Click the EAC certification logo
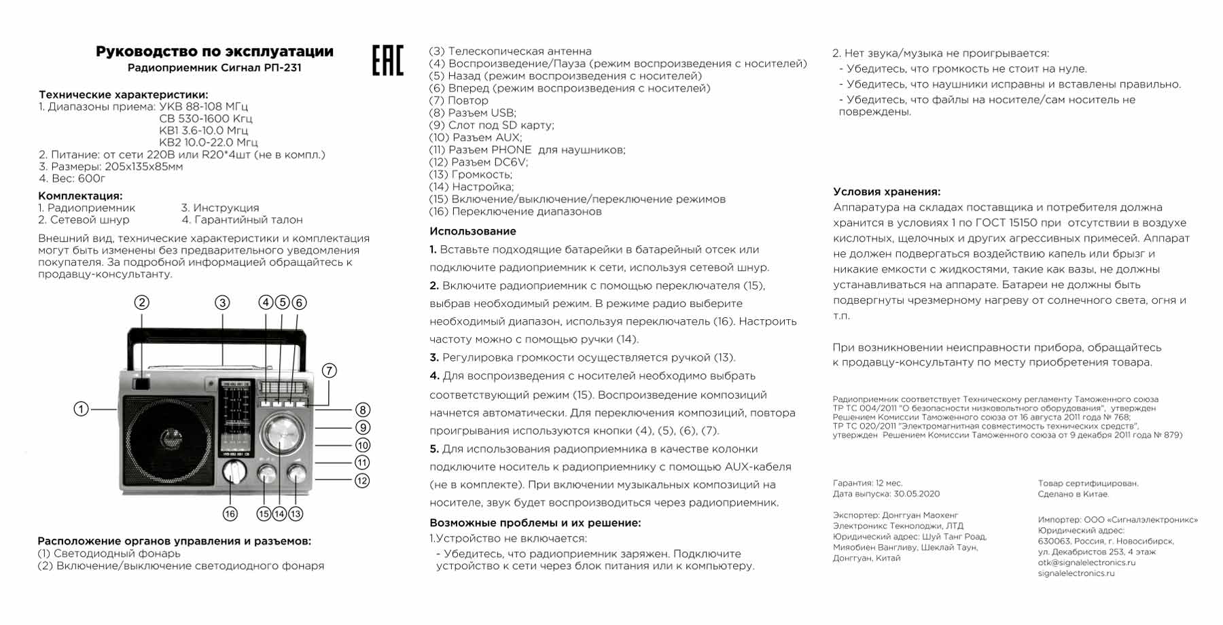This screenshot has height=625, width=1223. pyautogui.click(x=387, y=60)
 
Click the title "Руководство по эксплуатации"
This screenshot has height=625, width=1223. pyautogui.click(x=214, y=52)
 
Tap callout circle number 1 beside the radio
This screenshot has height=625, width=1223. pyautogui.click(x=82, y=409)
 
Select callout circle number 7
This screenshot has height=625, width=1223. pyautogui.click(x=329, y=370)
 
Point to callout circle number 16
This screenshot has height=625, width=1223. pyautogui.click(x=230, y=514)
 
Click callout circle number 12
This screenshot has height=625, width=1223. pyautogui.click(x=363, y=480)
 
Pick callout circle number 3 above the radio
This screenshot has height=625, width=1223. pyautogui.click(x=222, y=302)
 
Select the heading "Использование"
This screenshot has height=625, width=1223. pyautogui.click(x=473, y=231)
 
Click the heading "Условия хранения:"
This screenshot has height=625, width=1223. pyautogui.click(x=887, y=192)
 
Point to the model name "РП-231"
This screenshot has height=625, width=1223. pyautogui.click(x=283, y=68)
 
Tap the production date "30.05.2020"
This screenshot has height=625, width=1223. pyautogui.click(x=917, y=494)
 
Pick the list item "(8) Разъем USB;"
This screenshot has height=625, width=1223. pyautogui.click(x=473, y=113)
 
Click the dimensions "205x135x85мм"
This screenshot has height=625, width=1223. pyautogui.click(x=144, y=166)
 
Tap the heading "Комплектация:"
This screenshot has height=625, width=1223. pyautogui.click(x=80, y=196)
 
